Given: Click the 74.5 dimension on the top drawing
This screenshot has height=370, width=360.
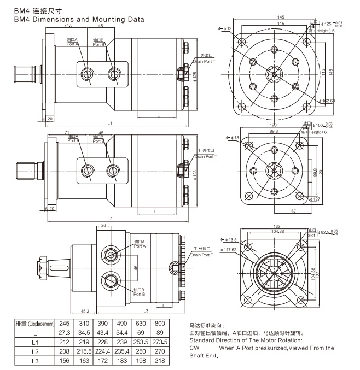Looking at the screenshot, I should coord(68,26).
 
